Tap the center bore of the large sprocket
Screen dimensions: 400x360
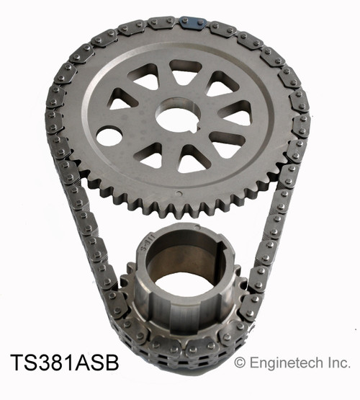click(175, 117)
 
